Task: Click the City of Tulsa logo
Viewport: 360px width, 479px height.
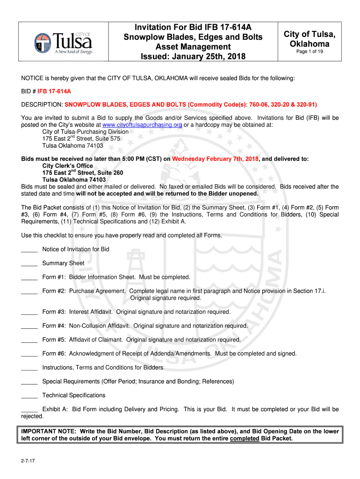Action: coord(63,43)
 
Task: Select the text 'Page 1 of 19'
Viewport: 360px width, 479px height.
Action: coord(310,51)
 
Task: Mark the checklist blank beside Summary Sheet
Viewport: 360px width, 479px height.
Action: coord(29,263)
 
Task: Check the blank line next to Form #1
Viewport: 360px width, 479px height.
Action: coord(29,277)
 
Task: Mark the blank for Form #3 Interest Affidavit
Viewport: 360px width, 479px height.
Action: coord(29,312)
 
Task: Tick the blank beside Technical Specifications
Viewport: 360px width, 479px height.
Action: coord(29,395)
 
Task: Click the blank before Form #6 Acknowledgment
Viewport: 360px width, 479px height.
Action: coord(29,354)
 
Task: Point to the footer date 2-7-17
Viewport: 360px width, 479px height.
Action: coord(27,461)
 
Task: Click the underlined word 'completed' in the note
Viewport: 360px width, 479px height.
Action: coord(245,438)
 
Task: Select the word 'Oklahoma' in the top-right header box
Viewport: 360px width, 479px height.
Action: coord(310,44)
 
